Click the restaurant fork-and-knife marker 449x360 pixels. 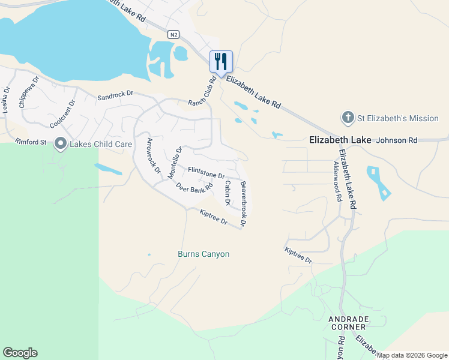click(x=221, y=61)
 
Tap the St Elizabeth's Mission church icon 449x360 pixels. click(x=348, y=118)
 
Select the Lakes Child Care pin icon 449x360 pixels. click(x=60, y=143)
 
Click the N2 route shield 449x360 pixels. click(x=173, y=35)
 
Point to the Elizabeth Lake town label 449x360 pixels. click(x=340, y=140)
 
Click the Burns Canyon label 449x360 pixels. click(x=203, y=254)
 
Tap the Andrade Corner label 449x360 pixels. click(x=348, y=323)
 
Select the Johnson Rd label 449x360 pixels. click(x=396, y=140)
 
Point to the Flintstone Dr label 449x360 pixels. click(x=206, y=173)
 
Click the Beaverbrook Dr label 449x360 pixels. click(x=243, y=203)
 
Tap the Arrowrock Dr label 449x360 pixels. click(x=154, y=155)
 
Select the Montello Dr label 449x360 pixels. click(x=174, y=163)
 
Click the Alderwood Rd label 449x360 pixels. click(x=336, y=181)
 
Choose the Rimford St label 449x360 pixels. click(x=31, y=142)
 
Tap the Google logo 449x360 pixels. click(x=20, y=353)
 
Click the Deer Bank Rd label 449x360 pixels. click(x=195, y=187)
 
